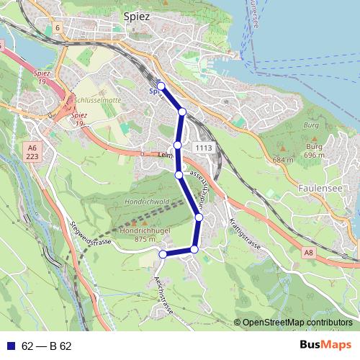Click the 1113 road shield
coord(203,147)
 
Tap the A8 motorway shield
coord(309,252)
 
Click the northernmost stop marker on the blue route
coord(161,86)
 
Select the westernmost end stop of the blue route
coord(163,253)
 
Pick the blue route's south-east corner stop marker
coord(194,249)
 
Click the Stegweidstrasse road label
coord(91,233)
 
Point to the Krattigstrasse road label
coord(242,232)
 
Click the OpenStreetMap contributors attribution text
coord(296,323)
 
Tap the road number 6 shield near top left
coord(56,27)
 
